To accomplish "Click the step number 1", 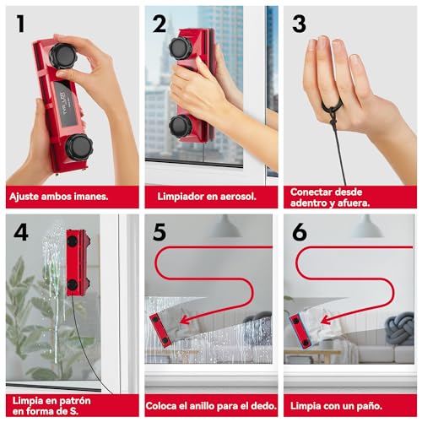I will pos(19,24).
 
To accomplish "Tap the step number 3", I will pos(299,24).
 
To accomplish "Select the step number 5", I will pos(159,232).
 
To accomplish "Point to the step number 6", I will pos(298,232).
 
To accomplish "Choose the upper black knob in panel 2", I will pos(180,47).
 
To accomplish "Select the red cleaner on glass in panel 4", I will pos(78,262).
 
